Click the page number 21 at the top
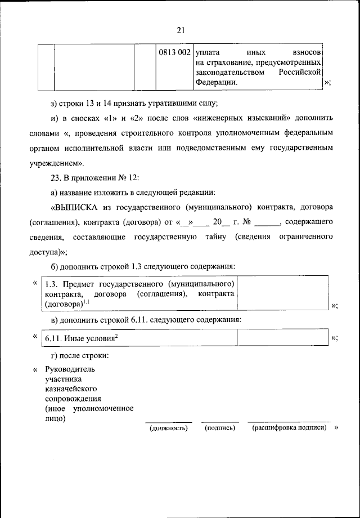point(180,30)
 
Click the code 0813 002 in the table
point(174,52)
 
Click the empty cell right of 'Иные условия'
point(282,337)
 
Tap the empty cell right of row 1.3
point(282,292)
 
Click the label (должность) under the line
point(168,428)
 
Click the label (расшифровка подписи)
point(289,428)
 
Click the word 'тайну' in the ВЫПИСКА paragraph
point(215,237)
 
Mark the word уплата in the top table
point(208,52)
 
